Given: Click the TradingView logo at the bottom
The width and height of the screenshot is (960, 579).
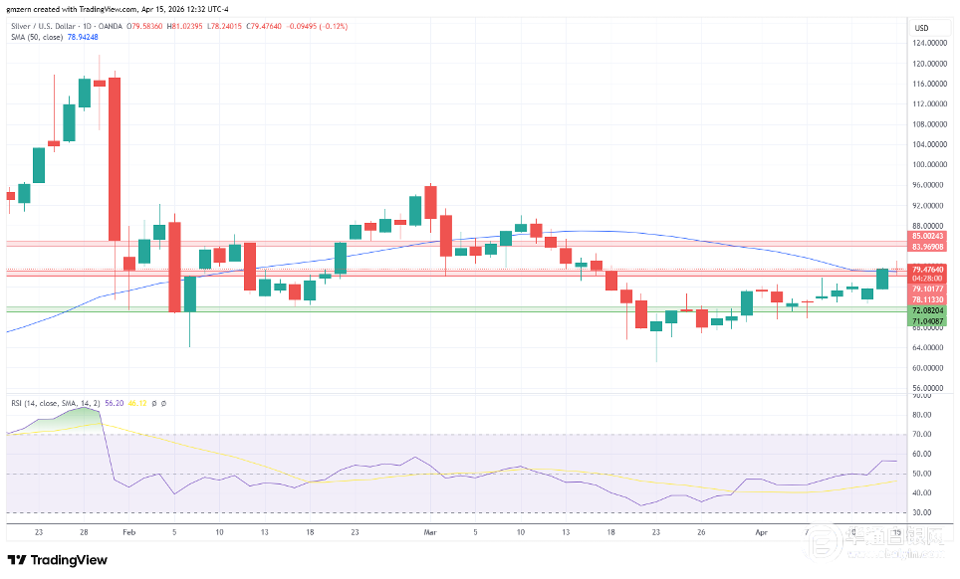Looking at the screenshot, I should pyautogui.click(x=57, y=560).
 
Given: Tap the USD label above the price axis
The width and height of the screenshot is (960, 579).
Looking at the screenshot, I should pyautogui.click(x=921, y=28).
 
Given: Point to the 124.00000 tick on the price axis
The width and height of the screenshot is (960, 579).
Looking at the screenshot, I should pyautogui.click(x=928, y=43).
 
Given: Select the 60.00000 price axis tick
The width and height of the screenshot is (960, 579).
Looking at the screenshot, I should pyautogui.click(x=928, y=368).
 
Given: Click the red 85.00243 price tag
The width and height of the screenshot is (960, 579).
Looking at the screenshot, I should pyautogui.click(x=928, y=236).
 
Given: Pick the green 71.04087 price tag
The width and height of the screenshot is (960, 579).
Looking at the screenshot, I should pyautogui.click(x=928, y=321).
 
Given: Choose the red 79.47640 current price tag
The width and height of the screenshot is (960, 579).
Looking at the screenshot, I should pyautogui.click(x=928, y=270).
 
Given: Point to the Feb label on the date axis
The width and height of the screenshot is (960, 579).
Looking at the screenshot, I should pyautogui.click(x=127, y=532).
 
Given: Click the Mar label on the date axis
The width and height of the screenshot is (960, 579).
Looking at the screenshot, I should pyautogui.click(x=430, y=532).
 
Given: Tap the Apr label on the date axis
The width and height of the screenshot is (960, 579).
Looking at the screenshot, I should pyautogui.click(x=761, y=532).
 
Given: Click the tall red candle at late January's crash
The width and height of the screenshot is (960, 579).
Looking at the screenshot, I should pyautogui.click(x=114, y=159).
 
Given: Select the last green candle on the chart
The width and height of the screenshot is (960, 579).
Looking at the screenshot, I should pyautogui.click(x=882, y=279).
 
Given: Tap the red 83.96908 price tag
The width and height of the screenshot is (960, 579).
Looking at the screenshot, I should pyautogui.click(x=928, y=247).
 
